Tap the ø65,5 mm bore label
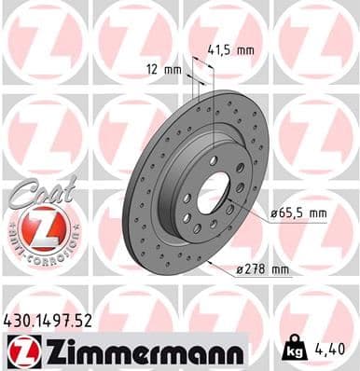(298, 213)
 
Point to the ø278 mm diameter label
(264, 270)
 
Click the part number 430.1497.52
(55, 321)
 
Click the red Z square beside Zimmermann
(19, 352)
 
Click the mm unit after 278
(280, 270)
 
